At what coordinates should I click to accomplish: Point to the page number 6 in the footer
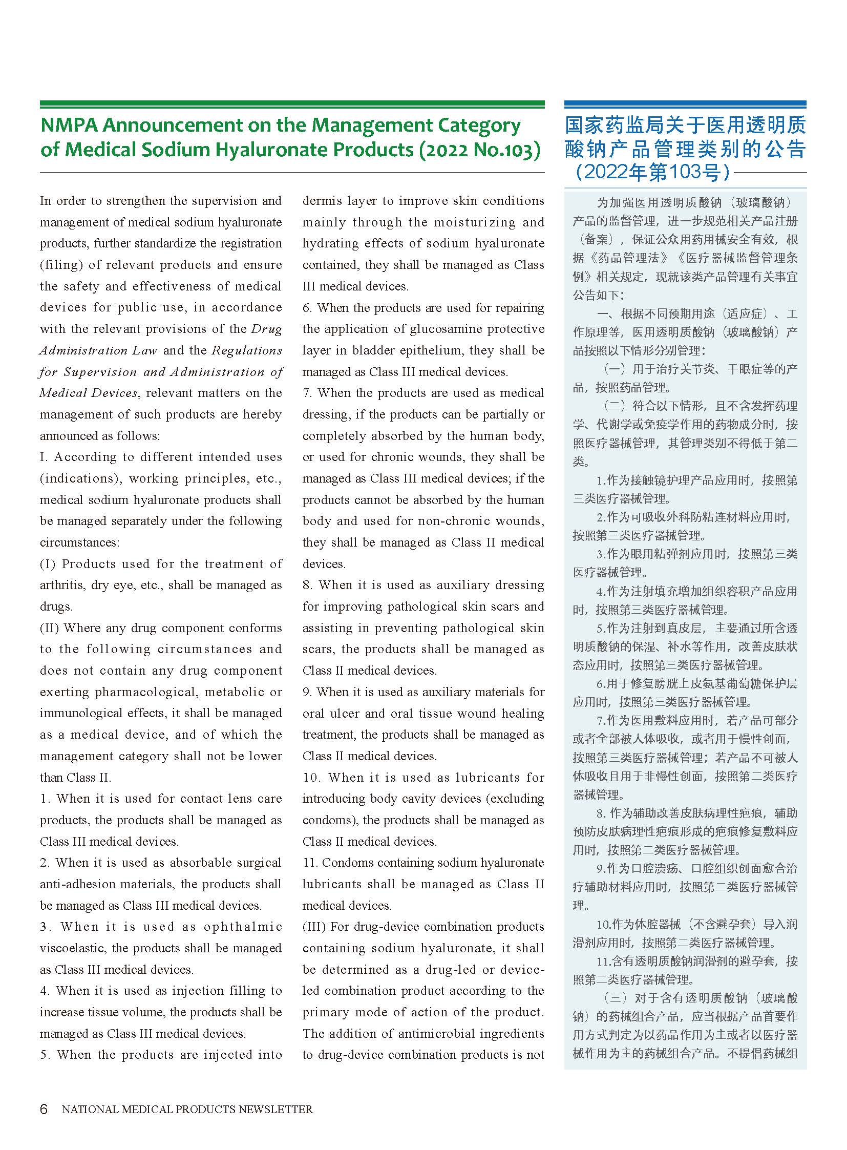click(44, 1109)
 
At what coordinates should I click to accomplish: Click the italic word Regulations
click(247, 350)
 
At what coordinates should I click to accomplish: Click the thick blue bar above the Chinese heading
click(685, 104)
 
